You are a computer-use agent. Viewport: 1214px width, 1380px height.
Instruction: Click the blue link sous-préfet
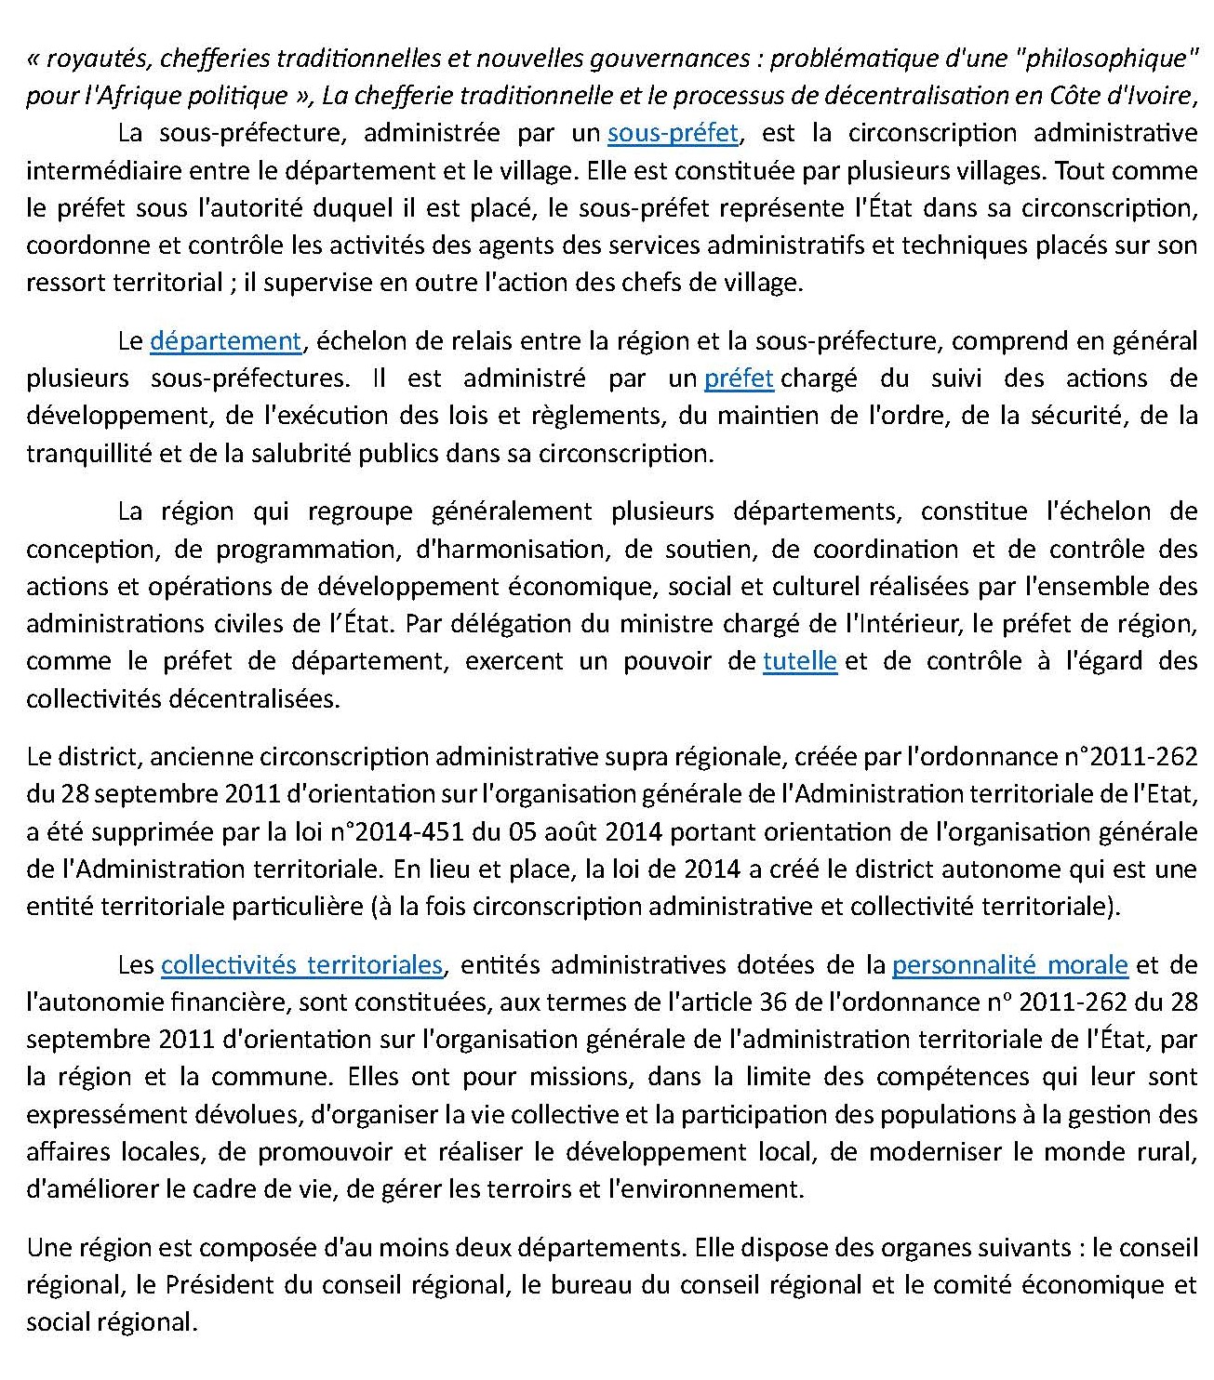pyautogui.click(x=673, y=133)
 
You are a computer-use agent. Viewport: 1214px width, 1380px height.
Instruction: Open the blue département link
pyautogui.click(x=225, y=341)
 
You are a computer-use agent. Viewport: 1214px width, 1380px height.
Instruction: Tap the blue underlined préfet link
pyautogui.click(x=739, y=378)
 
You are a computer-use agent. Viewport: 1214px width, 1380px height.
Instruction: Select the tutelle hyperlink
pyautogui.click(x=799, y=661)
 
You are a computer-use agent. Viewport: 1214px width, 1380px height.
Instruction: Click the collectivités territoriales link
pyautogui.click(x=301, y=965)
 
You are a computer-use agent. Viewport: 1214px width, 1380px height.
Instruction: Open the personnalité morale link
pyautogui.click(x=1009, y=965)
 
